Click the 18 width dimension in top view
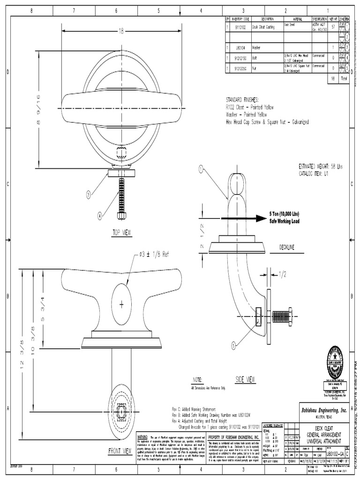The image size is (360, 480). pos(121,31)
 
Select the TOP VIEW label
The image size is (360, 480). pos(122,232)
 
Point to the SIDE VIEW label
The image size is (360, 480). pos(245,379)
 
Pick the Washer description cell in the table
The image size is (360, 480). pos(256,48)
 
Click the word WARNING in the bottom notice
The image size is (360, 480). pos(142,436)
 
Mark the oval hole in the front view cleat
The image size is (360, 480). pos(121,304)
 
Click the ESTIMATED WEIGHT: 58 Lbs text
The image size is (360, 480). pos(323,166)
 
